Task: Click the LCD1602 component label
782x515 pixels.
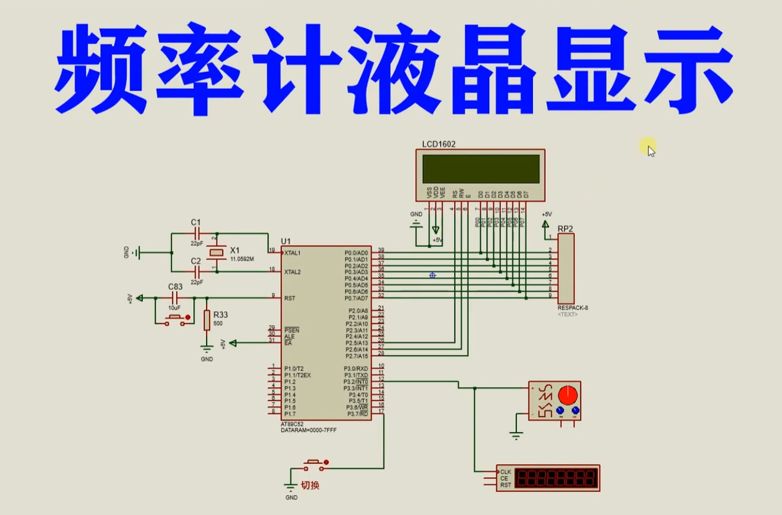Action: pos(439,144)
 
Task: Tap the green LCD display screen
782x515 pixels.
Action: pos(480,169)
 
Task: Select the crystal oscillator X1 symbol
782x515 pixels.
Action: pos(217,252)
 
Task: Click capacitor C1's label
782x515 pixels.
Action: pos(196,222)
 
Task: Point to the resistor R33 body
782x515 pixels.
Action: pos(207,321)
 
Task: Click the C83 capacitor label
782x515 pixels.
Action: pos(175,287)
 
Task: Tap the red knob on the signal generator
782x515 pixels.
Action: pos(568,393)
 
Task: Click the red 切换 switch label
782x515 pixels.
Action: pos(310,486)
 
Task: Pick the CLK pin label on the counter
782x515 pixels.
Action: pos(506,472)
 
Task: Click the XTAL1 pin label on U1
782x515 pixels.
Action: pos(293,253)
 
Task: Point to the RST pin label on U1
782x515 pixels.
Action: pos(289,298)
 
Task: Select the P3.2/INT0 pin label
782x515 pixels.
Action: pos(356,382)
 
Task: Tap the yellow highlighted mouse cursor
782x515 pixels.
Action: pos(648,147)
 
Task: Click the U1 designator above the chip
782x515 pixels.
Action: pos(286,241)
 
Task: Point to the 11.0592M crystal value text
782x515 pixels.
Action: pos(242,259)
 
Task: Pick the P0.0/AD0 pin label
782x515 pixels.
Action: pos(356,253)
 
